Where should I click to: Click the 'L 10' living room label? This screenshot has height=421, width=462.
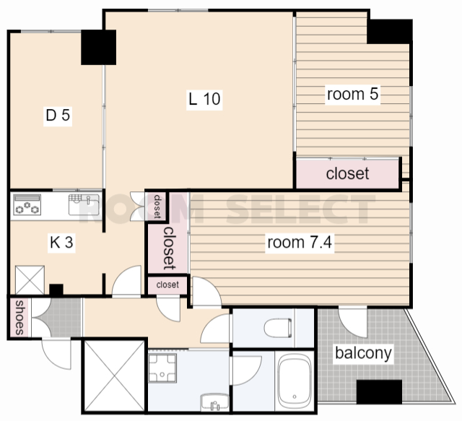tap(204, 99)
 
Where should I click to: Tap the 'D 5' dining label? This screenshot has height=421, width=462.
tap(58, 116)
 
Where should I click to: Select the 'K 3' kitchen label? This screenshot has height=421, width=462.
tap(61, 243)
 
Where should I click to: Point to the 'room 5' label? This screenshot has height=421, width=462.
tap(352, 94)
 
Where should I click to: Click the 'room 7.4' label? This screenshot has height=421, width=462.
tap(300, 243)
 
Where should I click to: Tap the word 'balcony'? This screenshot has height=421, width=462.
tap(363, 353)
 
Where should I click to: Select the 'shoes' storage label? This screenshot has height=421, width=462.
tap(19, 317)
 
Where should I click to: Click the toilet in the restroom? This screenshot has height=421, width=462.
tap(278, 328)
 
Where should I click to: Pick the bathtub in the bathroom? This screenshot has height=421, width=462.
tap(295, 381)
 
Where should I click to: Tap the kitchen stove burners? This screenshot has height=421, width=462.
tap(27, 204)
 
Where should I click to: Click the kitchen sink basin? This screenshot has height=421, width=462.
tap(84, 204)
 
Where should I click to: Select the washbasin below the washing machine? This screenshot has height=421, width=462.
tap(215, 402)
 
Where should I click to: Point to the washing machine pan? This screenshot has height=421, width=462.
tap(162, 368)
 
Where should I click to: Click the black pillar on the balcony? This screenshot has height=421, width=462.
tap(379, 392)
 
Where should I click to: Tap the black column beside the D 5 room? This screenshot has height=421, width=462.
tap(98, 47)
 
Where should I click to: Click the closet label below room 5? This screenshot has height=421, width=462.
tap(347, 173)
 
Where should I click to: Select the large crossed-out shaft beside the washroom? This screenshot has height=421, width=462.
tap(114, 376)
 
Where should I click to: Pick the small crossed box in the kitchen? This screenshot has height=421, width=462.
tap(30, 279)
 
